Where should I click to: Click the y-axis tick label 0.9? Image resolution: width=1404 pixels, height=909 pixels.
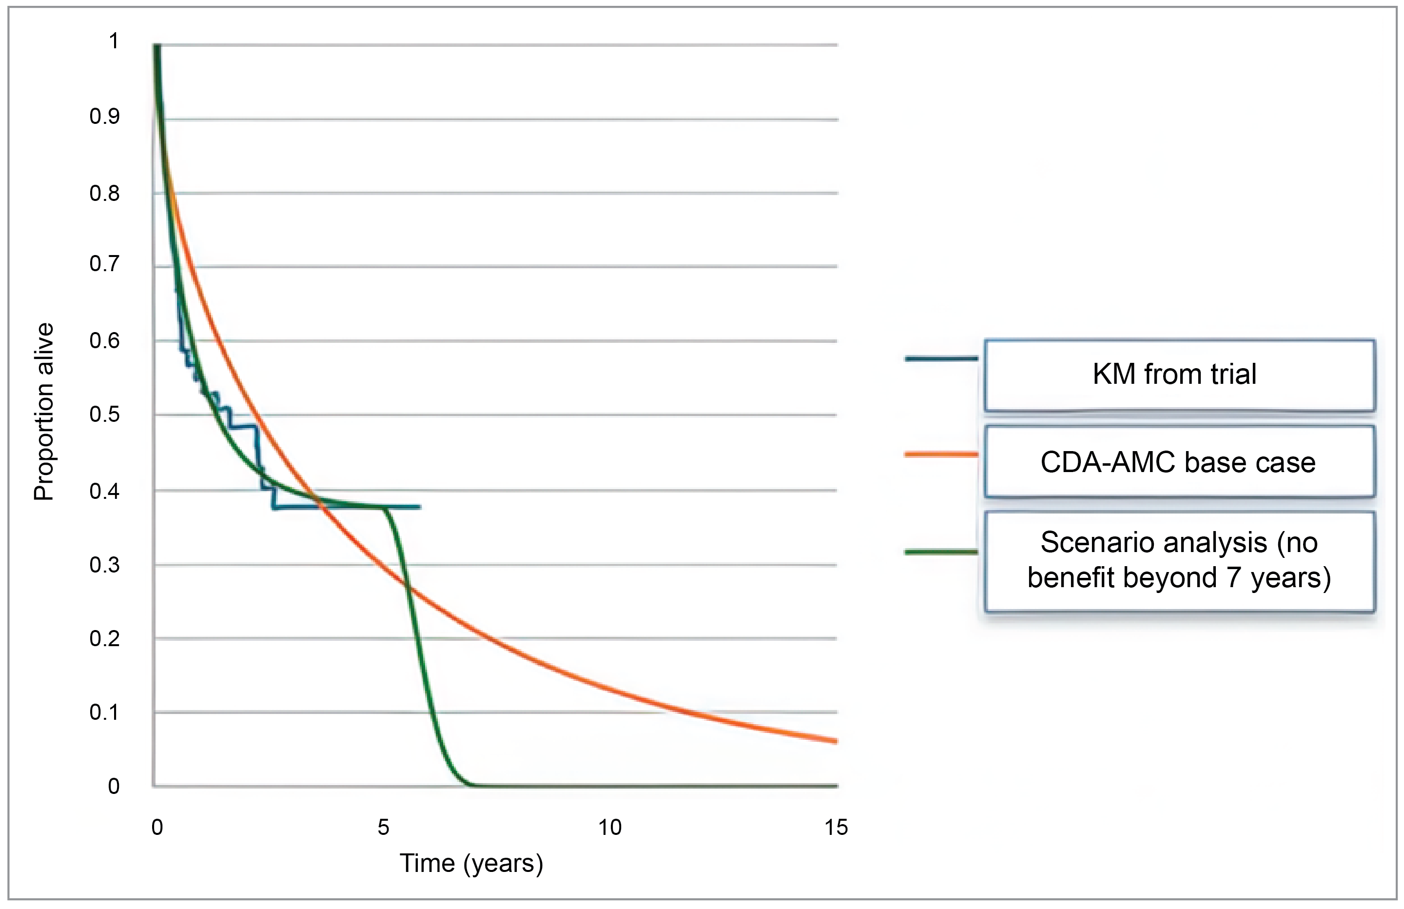pyautogui.click(x=104, y=116)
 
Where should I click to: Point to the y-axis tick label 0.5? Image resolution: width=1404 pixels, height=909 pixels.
pyautogui.click(x=104, y=415)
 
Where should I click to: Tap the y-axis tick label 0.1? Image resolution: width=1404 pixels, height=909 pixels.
pyautogui.click(x=104, y=712)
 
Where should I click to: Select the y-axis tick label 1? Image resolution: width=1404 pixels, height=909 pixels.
pyautogui.click(x=114, y=41)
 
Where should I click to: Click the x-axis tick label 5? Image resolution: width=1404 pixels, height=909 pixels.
pyautogui.click(x=384, y=828)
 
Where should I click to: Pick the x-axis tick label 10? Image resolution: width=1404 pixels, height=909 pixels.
pyautogui.click(x=609, y=828)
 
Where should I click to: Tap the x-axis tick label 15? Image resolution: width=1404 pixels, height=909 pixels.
pyautogui.click(x=836, y=828)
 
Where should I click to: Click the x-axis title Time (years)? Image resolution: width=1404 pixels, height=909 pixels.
pyautogui.click(x=471, y=864)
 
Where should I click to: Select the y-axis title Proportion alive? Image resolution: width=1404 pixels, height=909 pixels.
pyautogui.click(x=44, y=412)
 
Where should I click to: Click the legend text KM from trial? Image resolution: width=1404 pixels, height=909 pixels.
pyautogui.click(x=1174, y=374)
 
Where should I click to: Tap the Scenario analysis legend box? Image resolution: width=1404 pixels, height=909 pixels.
pyautogui.click(x=1179, y=560)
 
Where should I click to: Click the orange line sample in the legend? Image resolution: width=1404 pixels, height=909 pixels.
pyautogui.click(x=941, y=454)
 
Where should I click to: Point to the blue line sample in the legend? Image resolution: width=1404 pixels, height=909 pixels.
pyautogui.click(x=941, y=358)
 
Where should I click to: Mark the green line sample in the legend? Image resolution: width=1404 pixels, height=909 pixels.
pyautogui.click(x=941, y=552)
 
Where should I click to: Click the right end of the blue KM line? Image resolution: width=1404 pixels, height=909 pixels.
pyautogui.click(x=419, y=507)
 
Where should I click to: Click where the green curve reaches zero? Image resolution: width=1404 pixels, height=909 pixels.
pyautogui.click(x=472, y=785)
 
